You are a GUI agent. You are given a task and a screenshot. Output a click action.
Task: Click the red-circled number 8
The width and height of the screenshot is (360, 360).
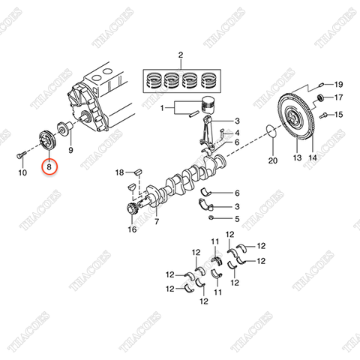(49, 168)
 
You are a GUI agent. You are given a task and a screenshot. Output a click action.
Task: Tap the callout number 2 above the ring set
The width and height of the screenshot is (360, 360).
(180, 56)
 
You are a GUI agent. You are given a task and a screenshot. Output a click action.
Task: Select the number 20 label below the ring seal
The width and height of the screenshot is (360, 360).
(273, 160)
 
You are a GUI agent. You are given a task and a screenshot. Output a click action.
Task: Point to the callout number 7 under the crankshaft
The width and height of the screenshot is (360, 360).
(157, 223)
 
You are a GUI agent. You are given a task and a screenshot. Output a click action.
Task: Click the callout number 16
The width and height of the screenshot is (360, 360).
(132, 231)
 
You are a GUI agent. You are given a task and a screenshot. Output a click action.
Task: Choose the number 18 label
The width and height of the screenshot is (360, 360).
(118, 173)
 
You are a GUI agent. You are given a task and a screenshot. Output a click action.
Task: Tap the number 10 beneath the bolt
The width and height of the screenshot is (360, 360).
(22, 172)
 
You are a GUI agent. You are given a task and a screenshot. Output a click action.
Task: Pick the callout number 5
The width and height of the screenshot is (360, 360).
(236, 220)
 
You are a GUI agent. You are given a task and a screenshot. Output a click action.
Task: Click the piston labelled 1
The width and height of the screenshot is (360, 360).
(211, 106)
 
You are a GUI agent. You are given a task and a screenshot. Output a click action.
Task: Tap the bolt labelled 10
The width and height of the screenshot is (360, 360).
(18, 156)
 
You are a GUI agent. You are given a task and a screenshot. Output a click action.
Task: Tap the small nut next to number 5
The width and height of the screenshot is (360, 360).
(211, 218)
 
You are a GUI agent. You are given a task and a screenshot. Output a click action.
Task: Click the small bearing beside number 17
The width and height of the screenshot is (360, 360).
(322, 99)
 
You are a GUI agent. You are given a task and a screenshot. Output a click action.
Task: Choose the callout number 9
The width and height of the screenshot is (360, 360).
(71, 150)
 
